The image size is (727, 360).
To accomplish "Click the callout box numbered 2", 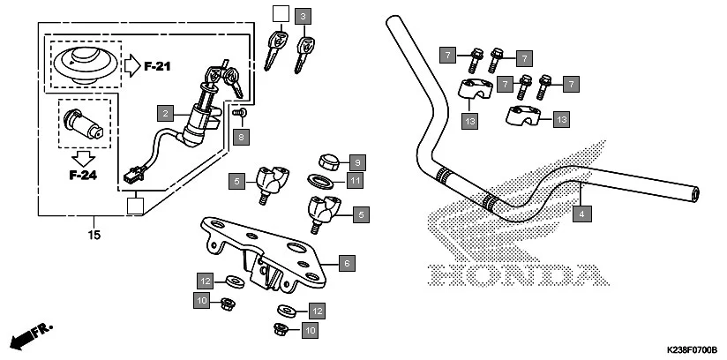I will tap(163, 113).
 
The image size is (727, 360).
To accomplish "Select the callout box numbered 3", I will tap(304, 16).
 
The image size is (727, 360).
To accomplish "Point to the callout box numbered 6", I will tap(347, 263).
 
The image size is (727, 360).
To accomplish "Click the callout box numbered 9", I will tap(356, 162).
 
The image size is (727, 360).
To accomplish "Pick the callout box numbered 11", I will tap(356, 182).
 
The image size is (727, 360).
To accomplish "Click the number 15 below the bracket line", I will tap(94, 235).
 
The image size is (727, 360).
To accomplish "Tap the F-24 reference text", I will tap(82, 175).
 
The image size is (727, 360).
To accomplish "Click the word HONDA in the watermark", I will tap(512, 274).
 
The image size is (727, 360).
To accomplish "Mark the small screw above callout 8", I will tap(238, 113).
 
